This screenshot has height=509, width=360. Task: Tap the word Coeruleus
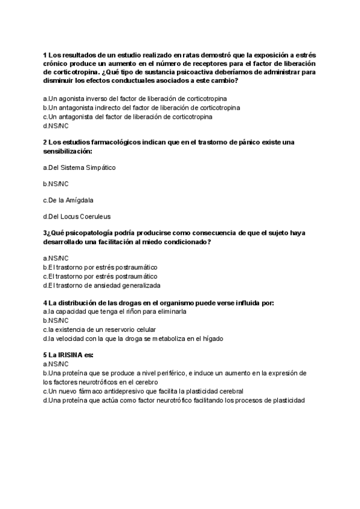click(93, 216)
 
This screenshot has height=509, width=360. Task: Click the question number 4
click(45, 303)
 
